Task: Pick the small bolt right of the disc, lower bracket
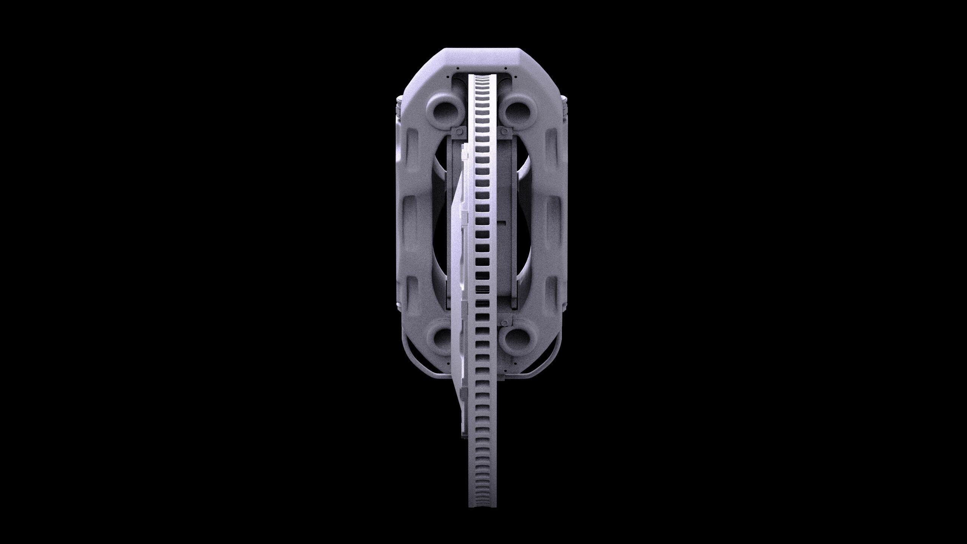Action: pyautogui.click(x=504, y=322)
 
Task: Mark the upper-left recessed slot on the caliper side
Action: pyautogui.click(x=412, y=144)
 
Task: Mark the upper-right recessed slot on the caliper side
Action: pyautogui.click(x=551, y=144)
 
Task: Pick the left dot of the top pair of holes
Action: pyautogui.click(x=457, y=68)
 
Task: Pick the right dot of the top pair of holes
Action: pyautogui.click(x=505, y=68)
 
